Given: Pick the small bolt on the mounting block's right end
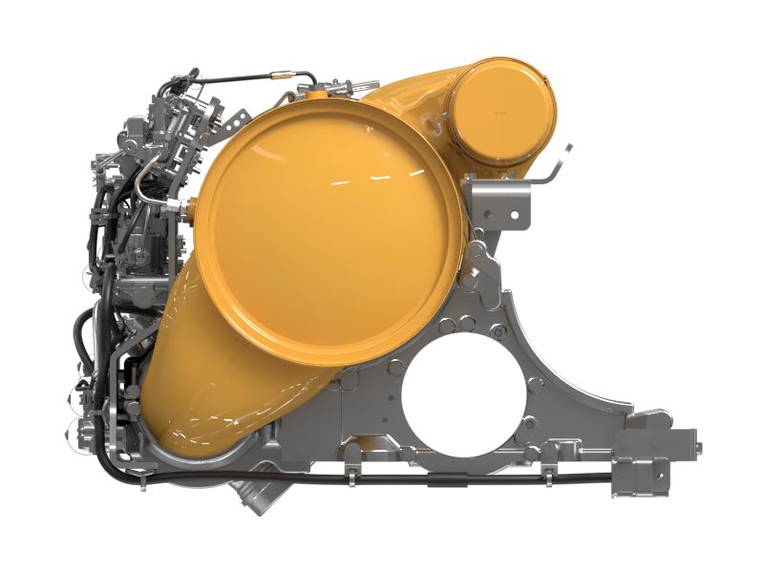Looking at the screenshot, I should [x=698, y=448].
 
